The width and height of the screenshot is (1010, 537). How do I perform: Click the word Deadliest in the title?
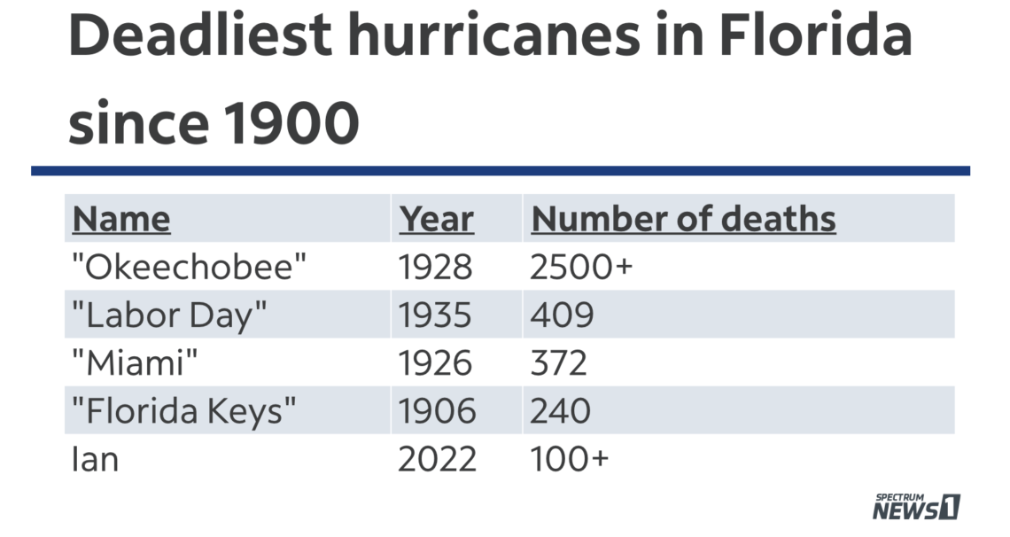point(200,37)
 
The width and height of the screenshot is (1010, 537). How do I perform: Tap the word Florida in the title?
point(814,37)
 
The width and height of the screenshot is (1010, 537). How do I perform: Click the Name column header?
point(120,219)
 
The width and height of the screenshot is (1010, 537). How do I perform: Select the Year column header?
point(436,219)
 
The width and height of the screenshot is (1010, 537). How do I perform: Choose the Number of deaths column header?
point(683,219)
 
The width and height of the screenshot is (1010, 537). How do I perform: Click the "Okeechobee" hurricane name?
point(194,267)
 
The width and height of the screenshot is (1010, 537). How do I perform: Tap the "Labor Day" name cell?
point(169,315)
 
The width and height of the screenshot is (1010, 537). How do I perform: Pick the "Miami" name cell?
point(135,362)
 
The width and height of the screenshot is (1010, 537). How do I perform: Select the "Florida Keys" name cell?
point(183,410)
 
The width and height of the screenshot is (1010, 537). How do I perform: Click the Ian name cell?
point(94,459)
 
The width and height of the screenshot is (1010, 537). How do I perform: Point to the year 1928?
point(436,267)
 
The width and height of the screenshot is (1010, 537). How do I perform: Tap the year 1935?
point(436,315)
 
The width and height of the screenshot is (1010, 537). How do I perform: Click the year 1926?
point(436,362)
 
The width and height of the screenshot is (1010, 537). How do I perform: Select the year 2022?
point(437,459)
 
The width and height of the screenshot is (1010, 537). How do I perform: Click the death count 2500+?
point(581,267)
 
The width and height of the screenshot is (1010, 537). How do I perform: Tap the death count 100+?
point(569,459)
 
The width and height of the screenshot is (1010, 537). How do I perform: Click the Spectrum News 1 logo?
point(916,506)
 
